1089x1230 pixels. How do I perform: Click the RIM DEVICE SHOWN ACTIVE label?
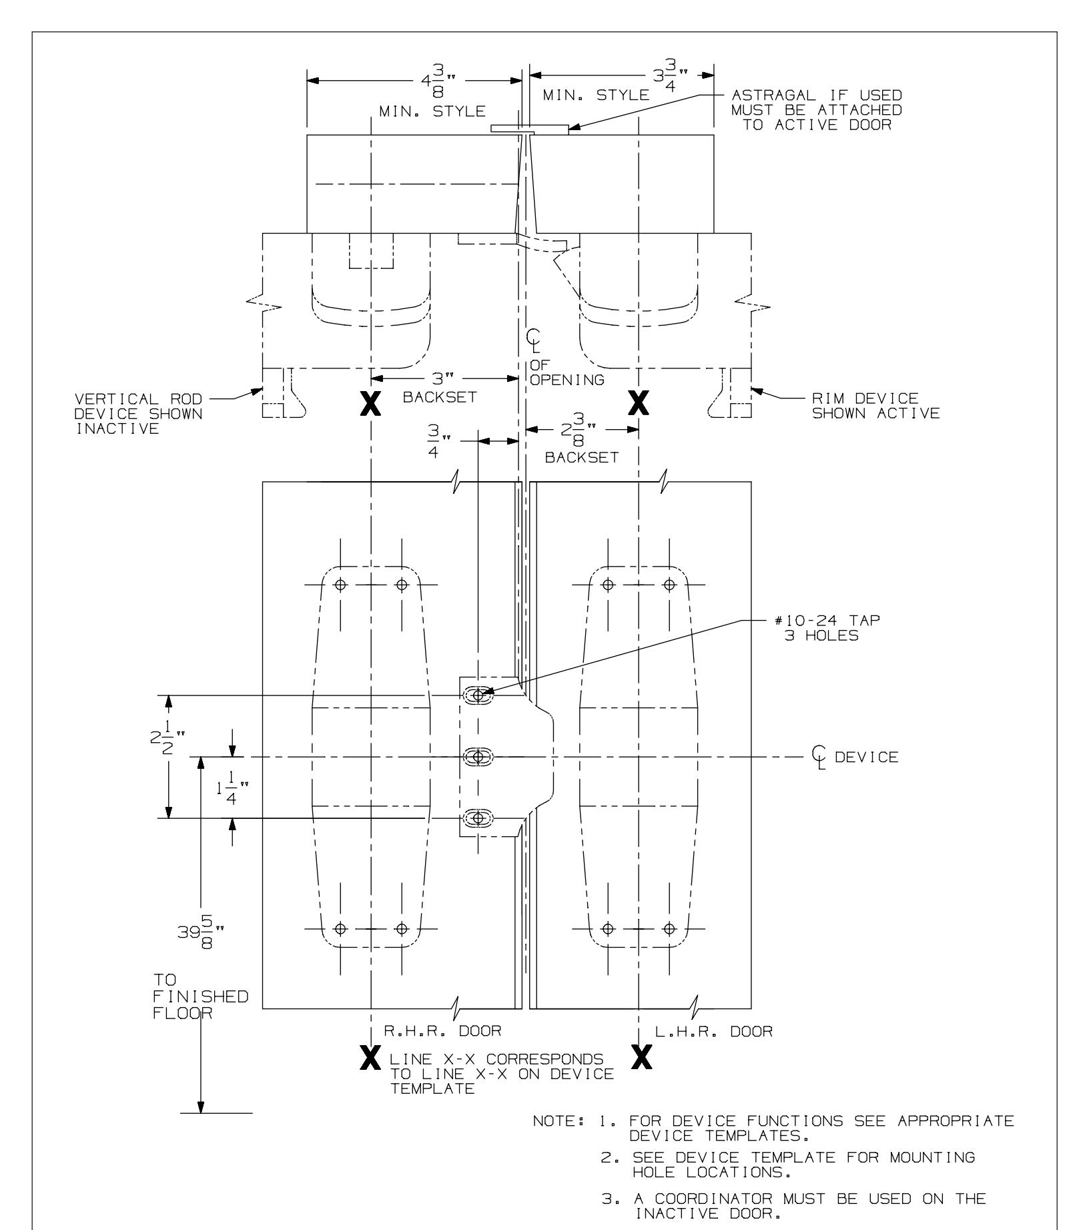coord(872,405)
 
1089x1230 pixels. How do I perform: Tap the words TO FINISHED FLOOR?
coord(199,996)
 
